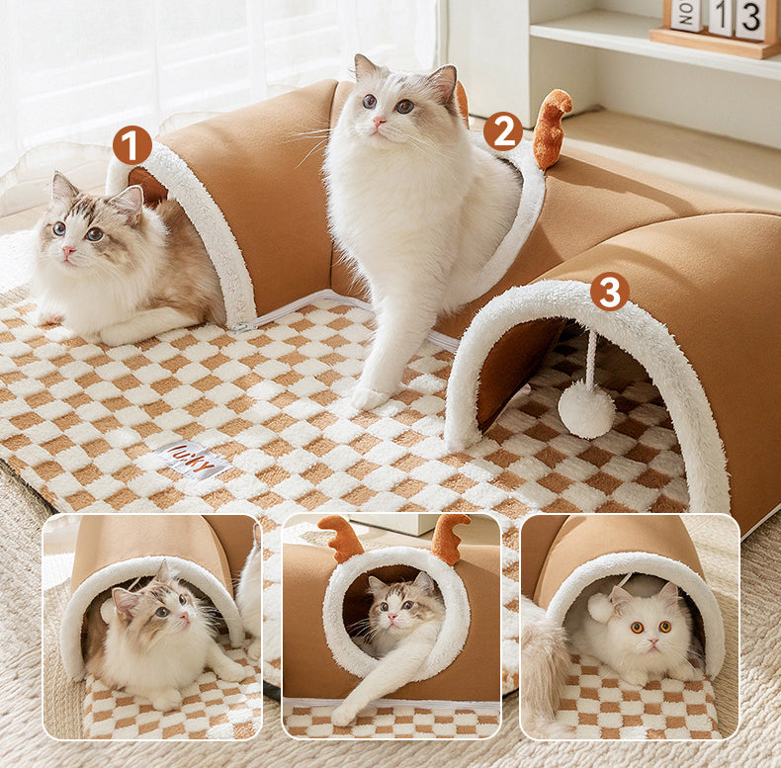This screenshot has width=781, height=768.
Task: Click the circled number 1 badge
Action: [132, 145]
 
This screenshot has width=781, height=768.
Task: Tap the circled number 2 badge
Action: [503, 131]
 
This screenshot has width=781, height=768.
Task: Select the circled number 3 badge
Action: [610, 291]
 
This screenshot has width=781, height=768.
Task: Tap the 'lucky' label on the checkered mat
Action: [193, 459]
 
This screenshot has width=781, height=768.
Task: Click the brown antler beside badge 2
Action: [552, 128]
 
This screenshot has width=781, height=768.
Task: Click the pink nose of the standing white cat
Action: [380, 122]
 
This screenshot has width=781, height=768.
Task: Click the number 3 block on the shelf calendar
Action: [750, 18]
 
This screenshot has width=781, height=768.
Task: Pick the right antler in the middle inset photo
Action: [449, 538]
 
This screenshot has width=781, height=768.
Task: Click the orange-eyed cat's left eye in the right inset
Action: [638, 628]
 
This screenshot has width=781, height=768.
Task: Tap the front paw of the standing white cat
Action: [370, 397]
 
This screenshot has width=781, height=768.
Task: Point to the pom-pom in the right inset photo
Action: [599, 607]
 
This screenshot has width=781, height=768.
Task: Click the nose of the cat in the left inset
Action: [185, 619]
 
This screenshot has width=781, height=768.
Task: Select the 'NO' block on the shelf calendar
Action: [685, 14]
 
